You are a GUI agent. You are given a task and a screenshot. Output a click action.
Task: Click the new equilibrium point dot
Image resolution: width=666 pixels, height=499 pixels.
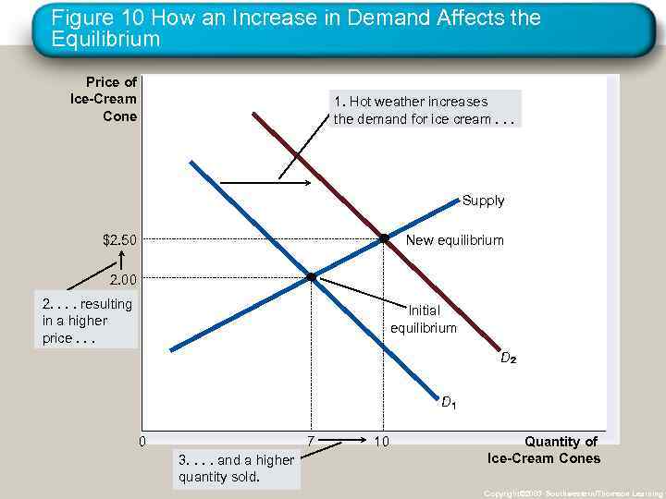click(x=383, y=238)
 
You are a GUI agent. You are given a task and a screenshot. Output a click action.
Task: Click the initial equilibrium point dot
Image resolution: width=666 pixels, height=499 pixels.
click(x=311, y=276)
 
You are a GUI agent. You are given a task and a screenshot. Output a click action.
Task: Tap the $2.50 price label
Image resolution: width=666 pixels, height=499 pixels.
click(x=120, y=241)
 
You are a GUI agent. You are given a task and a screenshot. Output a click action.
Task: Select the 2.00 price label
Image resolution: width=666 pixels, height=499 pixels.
click(x=123, y=279)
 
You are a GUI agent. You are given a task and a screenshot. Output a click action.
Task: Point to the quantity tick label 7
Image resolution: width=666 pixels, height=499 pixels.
click(x=310, y=442)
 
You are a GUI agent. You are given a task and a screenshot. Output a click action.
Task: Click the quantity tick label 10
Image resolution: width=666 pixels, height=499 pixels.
click(x=381, y=442)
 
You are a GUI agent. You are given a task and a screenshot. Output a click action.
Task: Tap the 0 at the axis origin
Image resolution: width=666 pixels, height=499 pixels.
click(x=142, y=441)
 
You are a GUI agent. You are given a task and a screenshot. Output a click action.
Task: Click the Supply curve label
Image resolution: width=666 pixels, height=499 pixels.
click(x=483, y=201)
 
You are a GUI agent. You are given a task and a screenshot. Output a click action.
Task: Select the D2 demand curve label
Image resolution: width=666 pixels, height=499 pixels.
click(x=508, y=358)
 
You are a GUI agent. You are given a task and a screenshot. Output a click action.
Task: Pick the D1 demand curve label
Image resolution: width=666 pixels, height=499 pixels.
click(x=448, y=402)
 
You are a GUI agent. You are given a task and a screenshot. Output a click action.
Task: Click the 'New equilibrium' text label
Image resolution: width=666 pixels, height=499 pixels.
click(x=455, y=240)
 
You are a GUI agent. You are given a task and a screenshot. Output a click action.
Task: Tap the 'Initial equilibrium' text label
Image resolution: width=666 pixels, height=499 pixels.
click(x=424, y=320)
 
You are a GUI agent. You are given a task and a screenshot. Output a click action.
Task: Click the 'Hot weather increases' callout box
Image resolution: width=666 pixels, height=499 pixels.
click(x=425, y=110)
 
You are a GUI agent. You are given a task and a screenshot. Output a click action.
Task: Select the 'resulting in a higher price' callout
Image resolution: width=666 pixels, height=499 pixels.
click(x=88, y=321)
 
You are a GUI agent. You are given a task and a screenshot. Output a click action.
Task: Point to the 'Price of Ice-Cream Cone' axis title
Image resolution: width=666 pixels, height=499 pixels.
click(x=104, y=99)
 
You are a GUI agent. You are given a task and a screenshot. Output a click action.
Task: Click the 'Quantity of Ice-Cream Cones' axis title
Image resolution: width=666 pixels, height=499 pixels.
click(x=544, y=450)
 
